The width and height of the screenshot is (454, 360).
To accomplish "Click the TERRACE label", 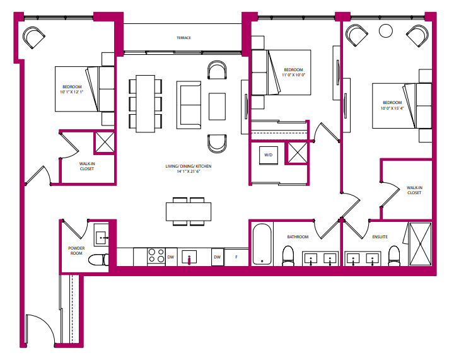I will point(183,38).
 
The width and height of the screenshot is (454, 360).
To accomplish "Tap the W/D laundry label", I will point(268,154).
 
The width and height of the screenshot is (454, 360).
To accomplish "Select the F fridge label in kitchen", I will point(236,257).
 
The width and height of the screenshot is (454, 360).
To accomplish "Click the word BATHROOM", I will point(298,237).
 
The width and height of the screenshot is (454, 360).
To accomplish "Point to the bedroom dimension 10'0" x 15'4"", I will point(392,108).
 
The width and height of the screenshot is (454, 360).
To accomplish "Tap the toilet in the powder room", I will point(98,259).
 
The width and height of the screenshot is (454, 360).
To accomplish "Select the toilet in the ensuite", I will point(394,256).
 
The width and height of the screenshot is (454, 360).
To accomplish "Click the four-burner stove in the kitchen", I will point(155,257).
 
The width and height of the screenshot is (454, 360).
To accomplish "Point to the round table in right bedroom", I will point(385,30).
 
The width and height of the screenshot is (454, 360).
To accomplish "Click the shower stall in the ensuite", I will point(420,243).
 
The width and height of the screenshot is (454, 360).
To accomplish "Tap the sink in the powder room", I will point(100,237).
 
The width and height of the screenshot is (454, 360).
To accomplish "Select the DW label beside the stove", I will point(171,257).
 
